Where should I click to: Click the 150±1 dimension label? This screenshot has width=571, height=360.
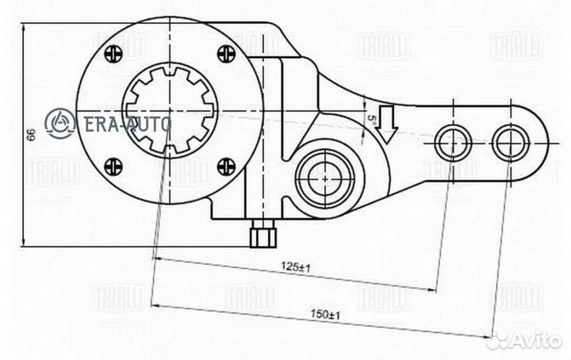320,315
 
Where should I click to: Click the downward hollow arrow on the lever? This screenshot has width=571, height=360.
387,123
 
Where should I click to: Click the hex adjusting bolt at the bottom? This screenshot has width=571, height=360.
262,236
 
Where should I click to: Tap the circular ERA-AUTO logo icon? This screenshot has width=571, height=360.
59,123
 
